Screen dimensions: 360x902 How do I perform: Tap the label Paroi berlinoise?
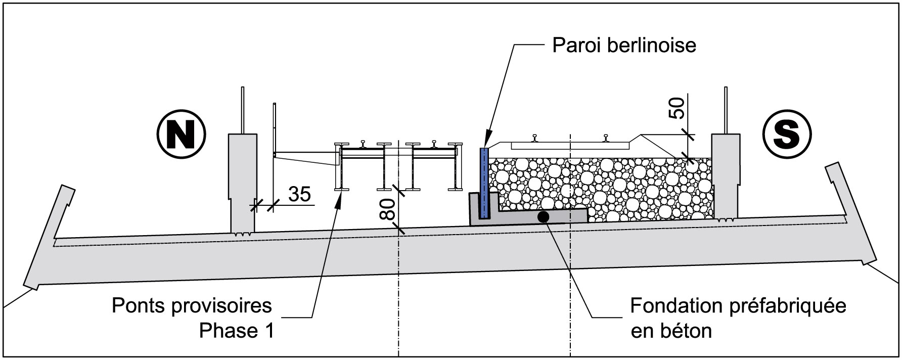pos(624,46)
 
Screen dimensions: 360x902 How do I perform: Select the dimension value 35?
pos(299,194)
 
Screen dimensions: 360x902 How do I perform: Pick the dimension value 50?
pos(678,107)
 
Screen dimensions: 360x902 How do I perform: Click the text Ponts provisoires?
pos(192,306)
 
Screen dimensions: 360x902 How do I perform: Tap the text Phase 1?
pos(236,331)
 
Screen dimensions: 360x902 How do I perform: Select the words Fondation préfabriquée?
pos(738,306)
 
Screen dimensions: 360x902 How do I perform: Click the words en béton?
pos(671,331)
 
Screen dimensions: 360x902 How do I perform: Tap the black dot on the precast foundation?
pos(543,217)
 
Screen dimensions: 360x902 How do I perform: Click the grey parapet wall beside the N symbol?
pos(243,182)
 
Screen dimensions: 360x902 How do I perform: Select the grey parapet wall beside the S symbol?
pos(726,177)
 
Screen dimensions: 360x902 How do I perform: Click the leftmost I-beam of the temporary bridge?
pos(340,167)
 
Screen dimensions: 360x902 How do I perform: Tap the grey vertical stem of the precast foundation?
pos(475,207)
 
